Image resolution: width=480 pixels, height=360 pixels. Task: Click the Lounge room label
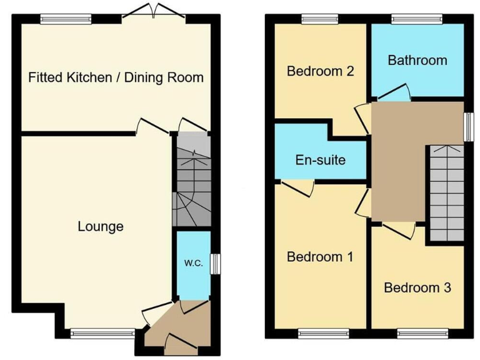(100, 226)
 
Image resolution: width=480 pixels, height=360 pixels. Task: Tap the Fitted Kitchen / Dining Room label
(116, 77)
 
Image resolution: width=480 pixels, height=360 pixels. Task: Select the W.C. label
(193, 263)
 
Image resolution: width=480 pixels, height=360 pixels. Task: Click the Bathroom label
(417, 60)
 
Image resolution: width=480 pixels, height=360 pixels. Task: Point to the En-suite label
(320, 160)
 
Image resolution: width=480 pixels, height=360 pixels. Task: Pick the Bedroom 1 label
(320, 256)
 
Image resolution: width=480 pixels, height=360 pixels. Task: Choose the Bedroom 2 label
(320, 71)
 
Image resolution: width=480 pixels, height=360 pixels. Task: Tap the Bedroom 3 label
(417, 288)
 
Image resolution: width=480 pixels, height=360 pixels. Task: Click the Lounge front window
(102, 333)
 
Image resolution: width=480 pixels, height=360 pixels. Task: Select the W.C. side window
(214, 264)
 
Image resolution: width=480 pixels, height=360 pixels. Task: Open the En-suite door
(297, 187)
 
